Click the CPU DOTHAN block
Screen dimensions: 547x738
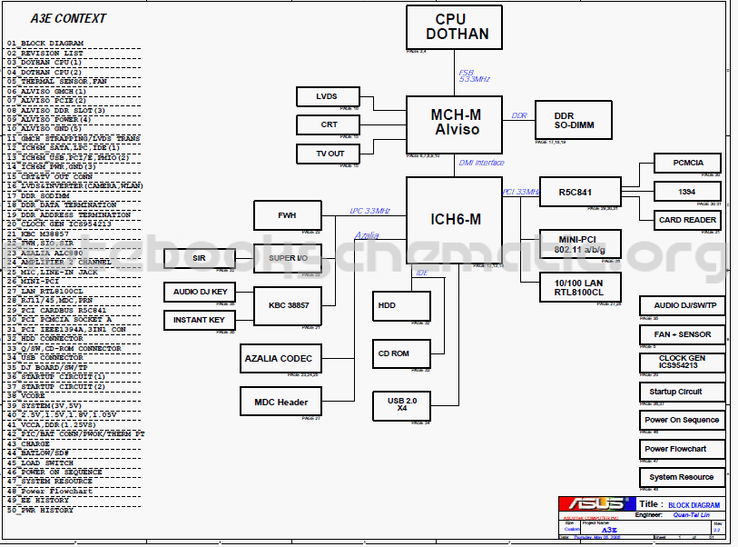(x=453, y=27)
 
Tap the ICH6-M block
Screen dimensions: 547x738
(x=453, y=220)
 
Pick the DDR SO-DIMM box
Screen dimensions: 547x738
(x=573, y=120)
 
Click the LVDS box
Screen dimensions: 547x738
(x=327, y=96)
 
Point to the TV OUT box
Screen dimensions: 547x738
(x=329, y=154)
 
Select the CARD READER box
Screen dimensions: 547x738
(x=687, y=220)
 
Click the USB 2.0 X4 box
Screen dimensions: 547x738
(x=400, y=405)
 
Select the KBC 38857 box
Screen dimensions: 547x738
(x=288, y=305)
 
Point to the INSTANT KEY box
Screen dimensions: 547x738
(x=199, y=320)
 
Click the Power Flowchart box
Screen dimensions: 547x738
(x=682, y=449)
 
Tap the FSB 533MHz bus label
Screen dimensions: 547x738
(x=474, y=75)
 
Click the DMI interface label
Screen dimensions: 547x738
(x=481, y=163)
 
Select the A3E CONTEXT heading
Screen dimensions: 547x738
(x=68, y=18)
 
